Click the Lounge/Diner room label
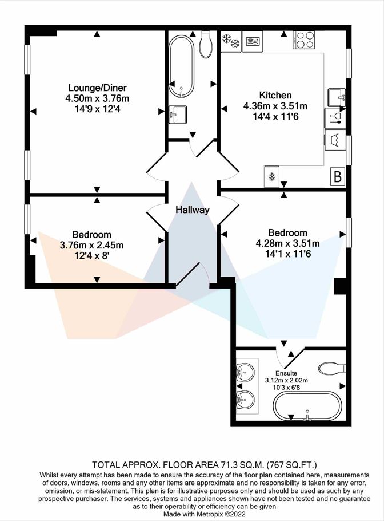pos(98,88)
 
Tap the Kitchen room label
pos(275,96)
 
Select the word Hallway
pos(193,210)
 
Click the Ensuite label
pos(286,373)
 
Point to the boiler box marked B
pos(338,176)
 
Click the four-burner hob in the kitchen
pos(304,40)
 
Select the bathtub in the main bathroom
pos(181,67)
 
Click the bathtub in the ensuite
pos(307,406)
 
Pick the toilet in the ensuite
pos(332,369)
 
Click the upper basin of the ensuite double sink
pos(245,372)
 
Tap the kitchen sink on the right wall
pos(337,97)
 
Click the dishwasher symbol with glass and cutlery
pos(335,119)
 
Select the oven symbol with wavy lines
pos(253,42)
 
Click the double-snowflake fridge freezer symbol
pos(231,42)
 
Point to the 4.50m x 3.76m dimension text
pos(97,98)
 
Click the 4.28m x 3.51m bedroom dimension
pos(287,243)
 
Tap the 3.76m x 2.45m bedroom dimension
pos(91,246)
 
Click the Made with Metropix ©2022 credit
pos(204,514)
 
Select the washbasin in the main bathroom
pos(177,115)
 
